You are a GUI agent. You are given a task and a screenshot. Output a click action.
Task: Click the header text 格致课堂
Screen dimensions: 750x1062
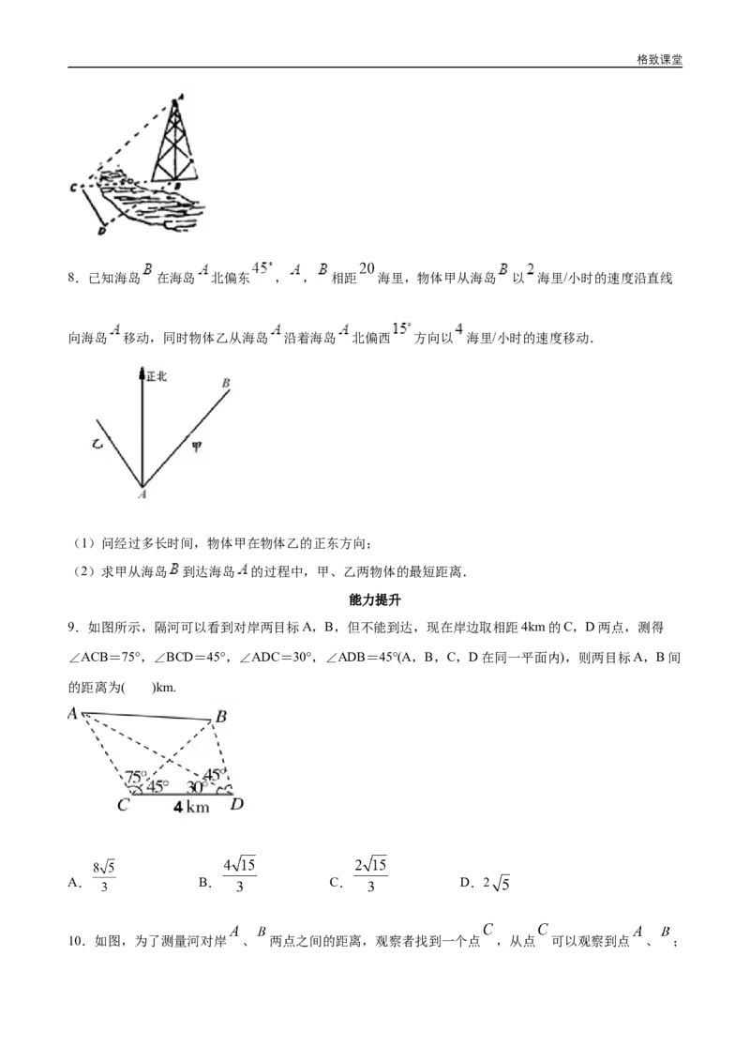(x=659, y=60)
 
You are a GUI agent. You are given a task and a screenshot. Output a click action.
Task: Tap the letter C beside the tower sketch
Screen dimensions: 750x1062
(x=73, y=187)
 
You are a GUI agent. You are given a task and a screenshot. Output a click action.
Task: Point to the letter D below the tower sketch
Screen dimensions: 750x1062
(x=101, y=232)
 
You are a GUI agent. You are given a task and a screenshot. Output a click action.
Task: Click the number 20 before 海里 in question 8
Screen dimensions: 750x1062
(x=367, y=269)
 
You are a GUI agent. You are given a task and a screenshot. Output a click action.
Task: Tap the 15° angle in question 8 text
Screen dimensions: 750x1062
(x=402, y=328)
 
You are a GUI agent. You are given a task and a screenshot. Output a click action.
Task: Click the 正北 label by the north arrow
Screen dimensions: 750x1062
(x=157, y=376)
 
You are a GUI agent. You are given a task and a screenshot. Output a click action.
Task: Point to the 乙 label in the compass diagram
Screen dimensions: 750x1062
(x=97, y=445)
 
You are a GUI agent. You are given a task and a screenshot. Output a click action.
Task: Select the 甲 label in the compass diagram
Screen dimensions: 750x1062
(x=196, y=447)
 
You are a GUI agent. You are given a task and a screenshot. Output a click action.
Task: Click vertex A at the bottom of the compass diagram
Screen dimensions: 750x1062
(x=142, y=494)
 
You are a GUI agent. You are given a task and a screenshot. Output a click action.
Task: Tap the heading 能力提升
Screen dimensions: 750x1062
(x=375, y=600)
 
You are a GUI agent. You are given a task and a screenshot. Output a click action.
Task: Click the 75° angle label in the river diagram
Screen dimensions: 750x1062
(x=136, y=777)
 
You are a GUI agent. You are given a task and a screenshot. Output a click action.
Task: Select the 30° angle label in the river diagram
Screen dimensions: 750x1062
(x=196, y=787)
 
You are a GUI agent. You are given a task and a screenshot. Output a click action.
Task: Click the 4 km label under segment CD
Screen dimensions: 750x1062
(x=191, y=807)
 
